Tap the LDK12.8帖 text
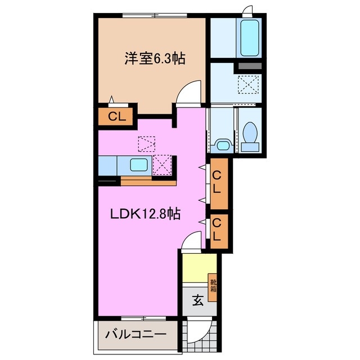click(145, 214)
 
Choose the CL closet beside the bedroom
click(116, 117)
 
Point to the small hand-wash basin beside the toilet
click(222, 146)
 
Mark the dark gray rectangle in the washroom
click(247, 66)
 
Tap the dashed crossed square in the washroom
click(247, 85)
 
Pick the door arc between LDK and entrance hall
click(191, 242)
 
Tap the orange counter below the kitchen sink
click(148, 181)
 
